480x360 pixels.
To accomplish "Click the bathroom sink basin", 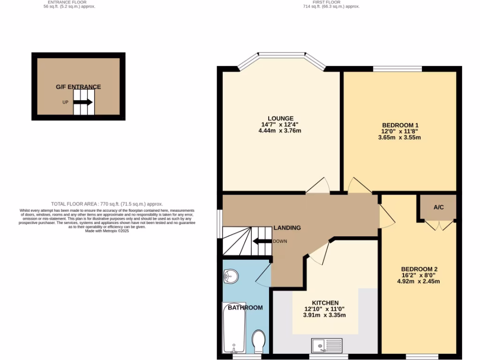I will pyautogui.click(x=231, y=277).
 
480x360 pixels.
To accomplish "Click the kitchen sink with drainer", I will pyautogui.click(x=327, y=346).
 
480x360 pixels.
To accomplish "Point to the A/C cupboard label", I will pyautogui.click(x=439, y=207).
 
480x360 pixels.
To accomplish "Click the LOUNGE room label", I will pyautogui.click(x=280, y=118).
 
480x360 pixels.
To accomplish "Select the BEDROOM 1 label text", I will pyautogui.click(x=400, y=125).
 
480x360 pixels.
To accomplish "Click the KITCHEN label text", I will pyautogui.click(x=324, y=303).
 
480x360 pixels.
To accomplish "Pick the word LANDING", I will pyautogui.click(x=287, y=228).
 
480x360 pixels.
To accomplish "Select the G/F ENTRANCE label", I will pyautogui.click(x=78, y=87).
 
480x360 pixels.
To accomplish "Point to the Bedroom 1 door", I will pyautogui.click(x=359, y=185).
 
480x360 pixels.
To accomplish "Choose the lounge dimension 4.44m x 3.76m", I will pyautogui.click(x=280, y=131).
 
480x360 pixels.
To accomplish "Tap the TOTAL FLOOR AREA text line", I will pyautogui.click(x=107, y=204).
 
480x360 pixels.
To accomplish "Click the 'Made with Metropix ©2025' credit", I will pyautogui.click(x=107, y=231).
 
